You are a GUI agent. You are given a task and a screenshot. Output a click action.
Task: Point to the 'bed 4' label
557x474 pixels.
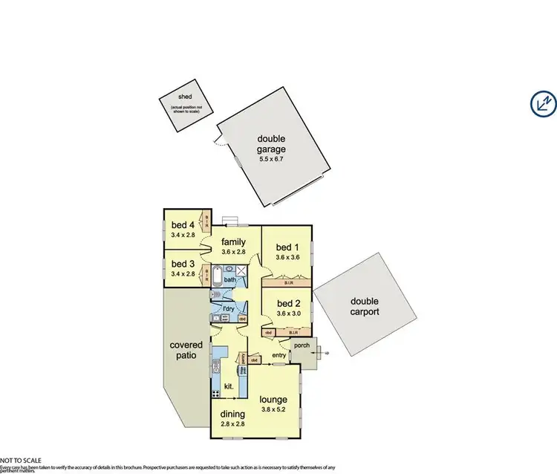point(182,225)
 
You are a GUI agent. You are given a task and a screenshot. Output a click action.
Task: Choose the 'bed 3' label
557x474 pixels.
point(182,264)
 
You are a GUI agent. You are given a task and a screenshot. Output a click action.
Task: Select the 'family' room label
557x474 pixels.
point(232,241)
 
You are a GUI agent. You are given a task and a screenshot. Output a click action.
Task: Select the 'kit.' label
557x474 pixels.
point(230,386)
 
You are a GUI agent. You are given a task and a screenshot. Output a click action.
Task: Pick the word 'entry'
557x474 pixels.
point(278,355)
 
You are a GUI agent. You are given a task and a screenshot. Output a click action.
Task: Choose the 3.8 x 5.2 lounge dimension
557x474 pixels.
point(273,409)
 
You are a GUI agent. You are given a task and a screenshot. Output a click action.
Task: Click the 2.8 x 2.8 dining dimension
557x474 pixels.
point(232,424)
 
